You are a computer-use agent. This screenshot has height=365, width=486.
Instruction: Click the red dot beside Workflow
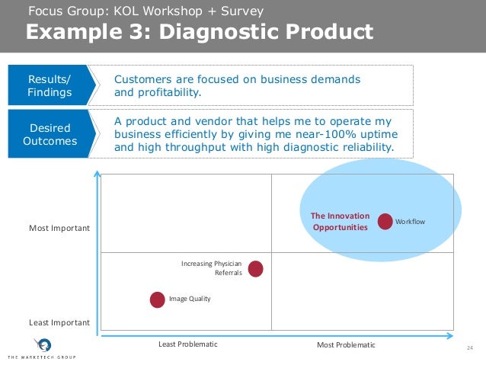(x=385, y=222)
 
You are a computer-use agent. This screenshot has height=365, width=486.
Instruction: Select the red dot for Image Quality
(x=158, y=299)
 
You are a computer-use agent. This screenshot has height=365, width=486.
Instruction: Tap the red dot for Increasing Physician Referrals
(x=256, y=268)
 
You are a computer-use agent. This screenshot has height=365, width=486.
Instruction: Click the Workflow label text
(x=411, y=222)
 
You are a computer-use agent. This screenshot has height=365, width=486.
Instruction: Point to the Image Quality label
(x=189, y=299)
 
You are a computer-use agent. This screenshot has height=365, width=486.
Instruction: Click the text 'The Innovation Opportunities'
(x=340, y=222)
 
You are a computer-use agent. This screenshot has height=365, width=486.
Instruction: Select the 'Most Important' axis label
(x=59, y=228)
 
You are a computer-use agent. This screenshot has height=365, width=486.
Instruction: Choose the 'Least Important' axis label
(x=59, y=323)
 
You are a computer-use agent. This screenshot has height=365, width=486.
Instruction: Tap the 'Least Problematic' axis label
(x=187, y=344)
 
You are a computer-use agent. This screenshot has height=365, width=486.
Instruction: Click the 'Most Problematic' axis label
(x=346, y=345)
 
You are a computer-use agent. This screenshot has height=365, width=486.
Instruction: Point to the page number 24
(x=469, y=348)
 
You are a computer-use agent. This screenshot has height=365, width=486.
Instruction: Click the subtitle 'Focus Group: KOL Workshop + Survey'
(x=145, y=11)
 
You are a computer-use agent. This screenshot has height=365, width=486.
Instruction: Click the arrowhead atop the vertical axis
(x=96, y=174)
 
